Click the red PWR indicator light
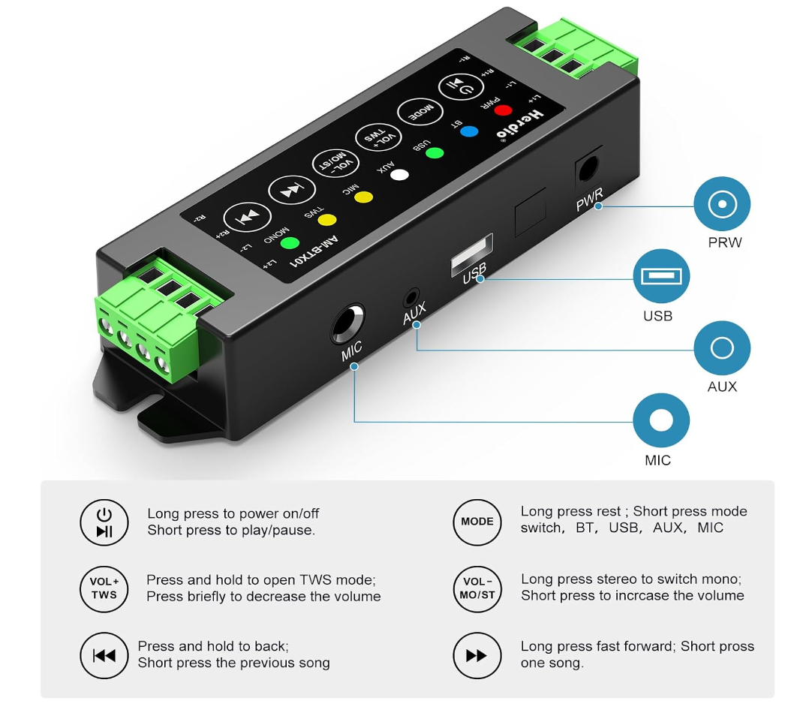point(502,111)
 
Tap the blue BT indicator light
point(469,131)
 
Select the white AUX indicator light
point(399,175)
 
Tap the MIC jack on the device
point(347,324)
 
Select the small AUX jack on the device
point(411,296)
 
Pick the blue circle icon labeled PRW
point(721,203)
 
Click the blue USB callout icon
point(660,276)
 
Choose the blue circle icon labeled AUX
point(721,348)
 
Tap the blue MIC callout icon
point(660,420)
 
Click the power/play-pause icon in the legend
point(104,522)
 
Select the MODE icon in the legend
point(477,522)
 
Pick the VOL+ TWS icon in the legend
point(104,588)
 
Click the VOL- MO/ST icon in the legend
point(477,588)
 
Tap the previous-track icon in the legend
point(104,655)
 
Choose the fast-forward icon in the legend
point(477,655)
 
